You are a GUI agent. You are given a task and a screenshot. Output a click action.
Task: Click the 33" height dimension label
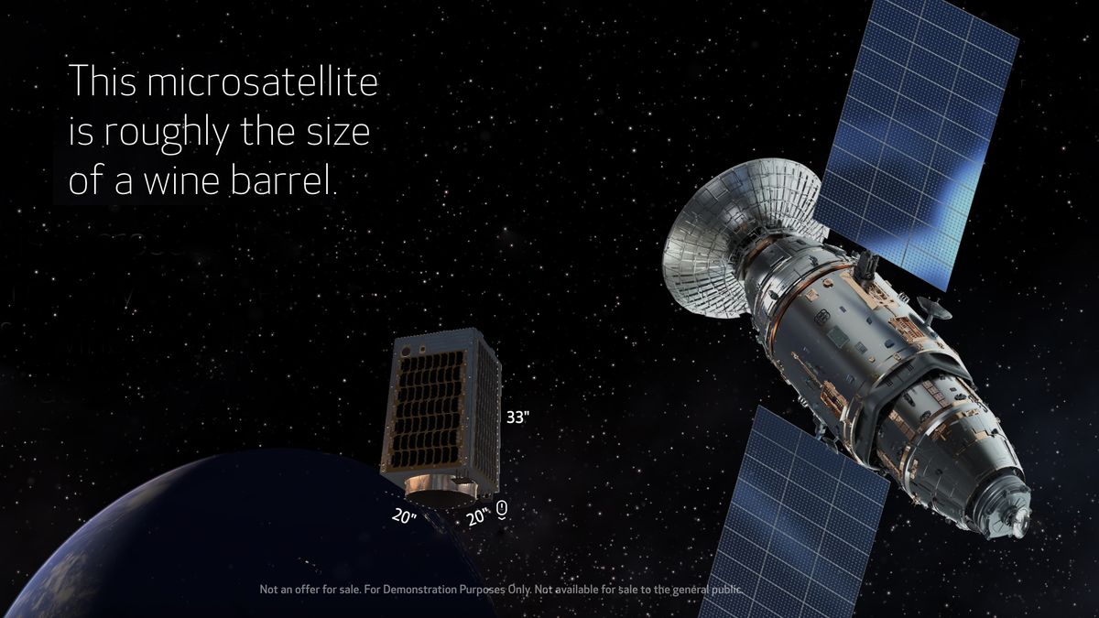(x=518, y=417)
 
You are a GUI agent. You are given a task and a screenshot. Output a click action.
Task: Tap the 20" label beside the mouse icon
(x=477, y=517)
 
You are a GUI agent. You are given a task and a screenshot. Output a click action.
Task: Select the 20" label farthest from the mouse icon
(x=404, y=516)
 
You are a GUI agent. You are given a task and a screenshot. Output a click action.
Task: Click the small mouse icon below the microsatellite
(x=502, y=509)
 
